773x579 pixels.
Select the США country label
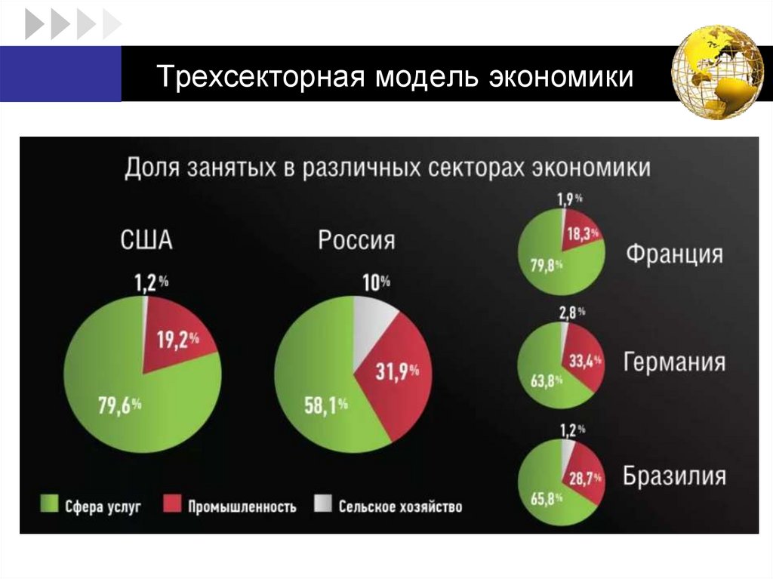click(x=146, y=241)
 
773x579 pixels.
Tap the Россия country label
click(x=356, y=241)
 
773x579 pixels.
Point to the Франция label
click(x=673, y=253)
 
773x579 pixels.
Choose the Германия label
click(x=674, y=362)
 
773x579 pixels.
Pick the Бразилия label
click(x=674, y=476)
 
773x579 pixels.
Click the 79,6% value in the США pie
click(x=120, y=405)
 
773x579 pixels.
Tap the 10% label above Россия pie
click(x=376, y=283)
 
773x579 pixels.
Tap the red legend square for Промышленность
click(x=173, y=504)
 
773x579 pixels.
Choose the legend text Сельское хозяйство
click(x=400, y=506)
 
